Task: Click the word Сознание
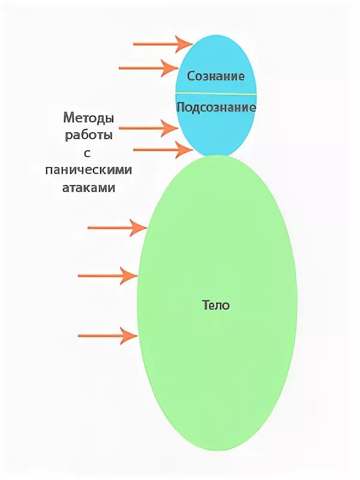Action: point(215,76)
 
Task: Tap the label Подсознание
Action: point(216,107)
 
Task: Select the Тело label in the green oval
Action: point(216,305)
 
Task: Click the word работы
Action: point(88,136)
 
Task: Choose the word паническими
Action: point(88,170)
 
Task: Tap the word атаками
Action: point(88,187)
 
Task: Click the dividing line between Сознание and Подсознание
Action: point(216,94)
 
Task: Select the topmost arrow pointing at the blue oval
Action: point(162,44)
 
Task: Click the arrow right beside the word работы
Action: point(148,128)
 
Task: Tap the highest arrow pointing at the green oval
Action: point(117,227)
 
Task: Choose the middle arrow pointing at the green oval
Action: point(108,275)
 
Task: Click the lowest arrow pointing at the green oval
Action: point(108,335)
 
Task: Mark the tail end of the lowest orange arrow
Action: point(80,335)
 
